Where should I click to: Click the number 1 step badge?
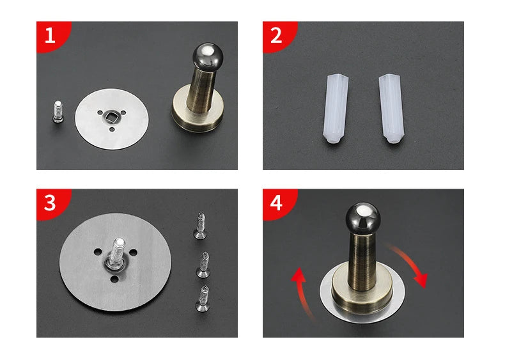[52, 35]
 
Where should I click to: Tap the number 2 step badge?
[277, 35]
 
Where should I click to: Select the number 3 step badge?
[52, 203]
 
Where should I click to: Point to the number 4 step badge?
[277, 203]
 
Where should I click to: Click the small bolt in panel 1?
[58, 112]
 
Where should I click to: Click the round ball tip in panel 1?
[208, 56]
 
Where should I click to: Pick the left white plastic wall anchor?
[336, 109]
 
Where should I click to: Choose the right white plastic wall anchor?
[391, 109]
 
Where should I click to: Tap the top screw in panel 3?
[200, 226]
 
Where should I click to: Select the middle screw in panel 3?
[203, 265]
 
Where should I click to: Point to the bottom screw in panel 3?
[203, 299]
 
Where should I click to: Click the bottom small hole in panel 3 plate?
[114, 279]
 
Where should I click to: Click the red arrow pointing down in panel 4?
[410, 265]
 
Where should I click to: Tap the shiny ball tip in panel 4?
[363, 217]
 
